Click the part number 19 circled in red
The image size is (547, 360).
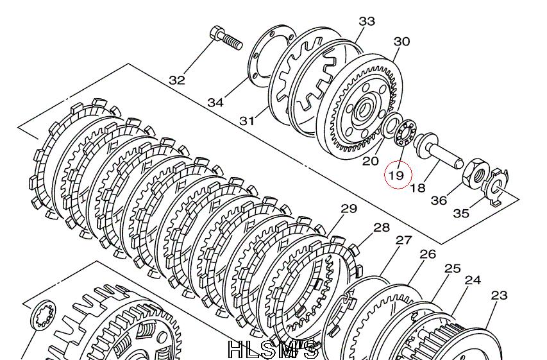[x=397, y=175]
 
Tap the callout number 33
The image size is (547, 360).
[x=367, y=21]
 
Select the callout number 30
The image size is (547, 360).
[x=401, y=42]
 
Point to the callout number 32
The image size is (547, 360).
[x=177, y=80]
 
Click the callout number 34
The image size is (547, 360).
[x=215, y=102]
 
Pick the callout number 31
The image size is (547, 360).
[x=247, y=121]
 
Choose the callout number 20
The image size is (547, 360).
[x=371, y=160]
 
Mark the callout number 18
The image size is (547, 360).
[x=418, y=188]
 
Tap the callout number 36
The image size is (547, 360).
[x=439, y=200]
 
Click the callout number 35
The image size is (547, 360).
[x=461, y=212]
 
